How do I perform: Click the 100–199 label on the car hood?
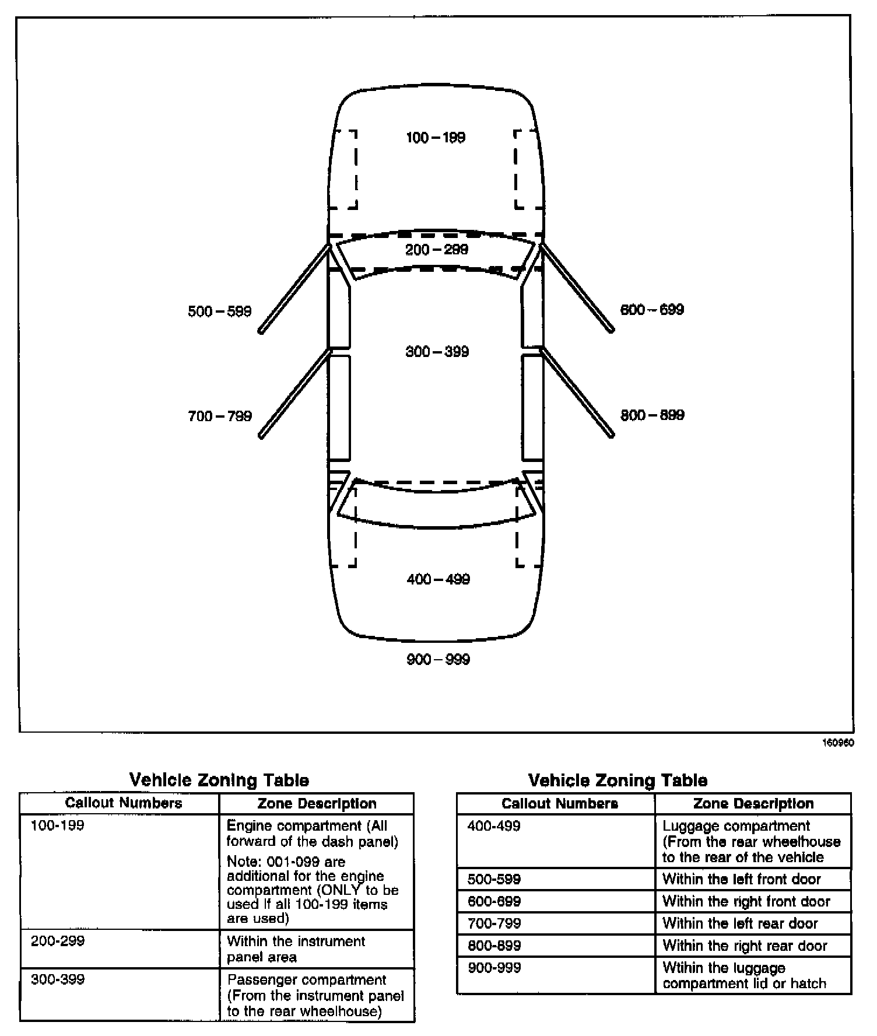click(x=436, y=138)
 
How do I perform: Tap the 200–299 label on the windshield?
click(x=437, y=250)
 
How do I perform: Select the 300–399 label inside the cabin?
click(x=437, y=352)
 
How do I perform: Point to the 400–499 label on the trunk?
click(x=438, y=579)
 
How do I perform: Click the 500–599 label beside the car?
click(x=219, y=311)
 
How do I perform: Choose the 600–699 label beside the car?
click(x=652, y=310)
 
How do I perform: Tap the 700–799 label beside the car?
click(x=219, y=416)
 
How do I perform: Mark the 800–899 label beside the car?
click(x=652, y=415)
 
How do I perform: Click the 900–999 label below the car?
click(x=438, y=660)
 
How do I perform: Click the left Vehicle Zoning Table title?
click(x=219, y=780)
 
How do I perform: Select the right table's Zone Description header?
click(x=753, y=804)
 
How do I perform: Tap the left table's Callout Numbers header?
click(x=124, y=803)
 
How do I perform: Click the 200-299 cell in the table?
click(x=58, y=942)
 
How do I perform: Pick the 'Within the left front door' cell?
click(x=742, y=879)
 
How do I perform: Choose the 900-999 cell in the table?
click(x=494, y=968)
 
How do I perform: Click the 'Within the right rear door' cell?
click(x=745, y=946)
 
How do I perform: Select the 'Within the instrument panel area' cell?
click(x=296, y=949)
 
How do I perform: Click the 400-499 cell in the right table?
click(x=494, y=826)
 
